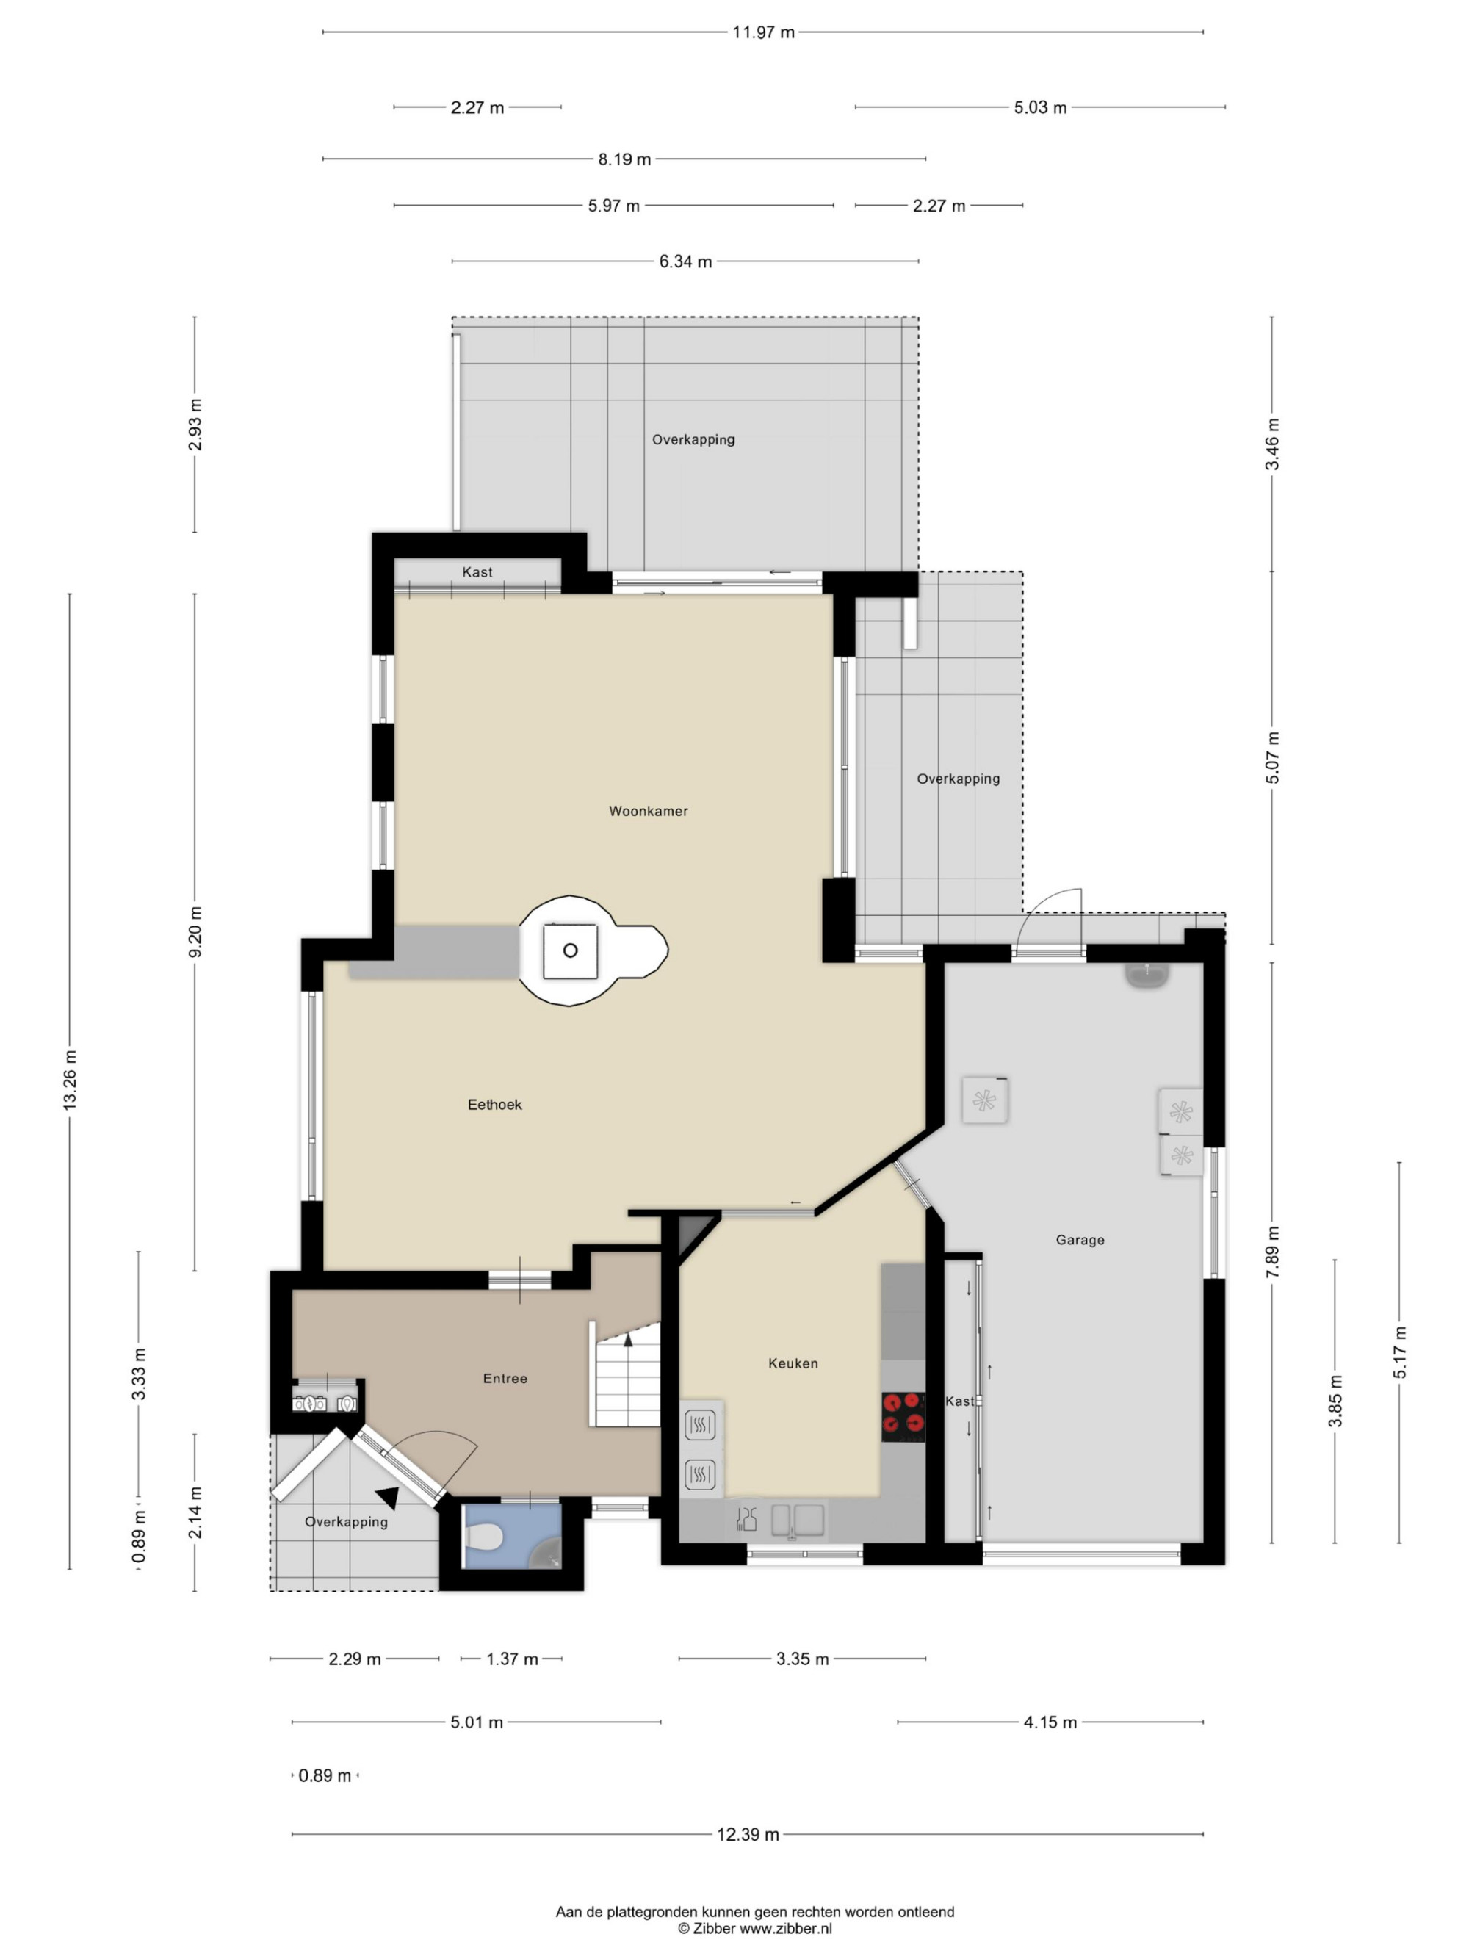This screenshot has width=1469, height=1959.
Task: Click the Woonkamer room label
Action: tap(647, 810)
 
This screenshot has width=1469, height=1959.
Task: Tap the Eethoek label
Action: tap(494, 1105)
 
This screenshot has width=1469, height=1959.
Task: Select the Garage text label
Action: tap(1080, 1240)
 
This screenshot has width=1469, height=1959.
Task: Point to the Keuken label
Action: tap(793, 1363)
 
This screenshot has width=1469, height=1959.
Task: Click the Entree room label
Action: tap(505, 1378)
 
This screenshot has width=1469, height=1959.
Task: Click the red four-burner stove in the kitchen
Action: tap(903, 1416)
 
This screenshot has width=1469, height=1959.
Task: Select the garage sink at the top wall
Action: tap(1147, 974)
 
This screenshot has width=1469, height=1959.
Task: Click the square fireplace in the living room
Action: tap(570, 950)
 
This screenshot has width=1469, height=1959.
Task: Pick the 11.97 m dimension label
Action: tap(763, 33)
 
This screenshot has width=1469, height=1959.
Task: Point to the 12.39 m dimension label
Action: tap(748, 1834)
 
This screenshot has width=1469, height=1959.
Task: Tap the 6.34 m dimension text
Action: tap(685, 261)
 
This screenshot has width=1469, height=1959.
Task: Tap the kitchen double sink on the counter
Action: tap(798, 1520)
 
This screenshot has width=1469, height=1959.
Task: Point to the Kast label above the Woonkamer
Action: tap(477, 572)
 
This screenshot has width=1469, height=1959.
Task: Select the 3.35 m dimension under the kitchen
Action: tap(802, 1659)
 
